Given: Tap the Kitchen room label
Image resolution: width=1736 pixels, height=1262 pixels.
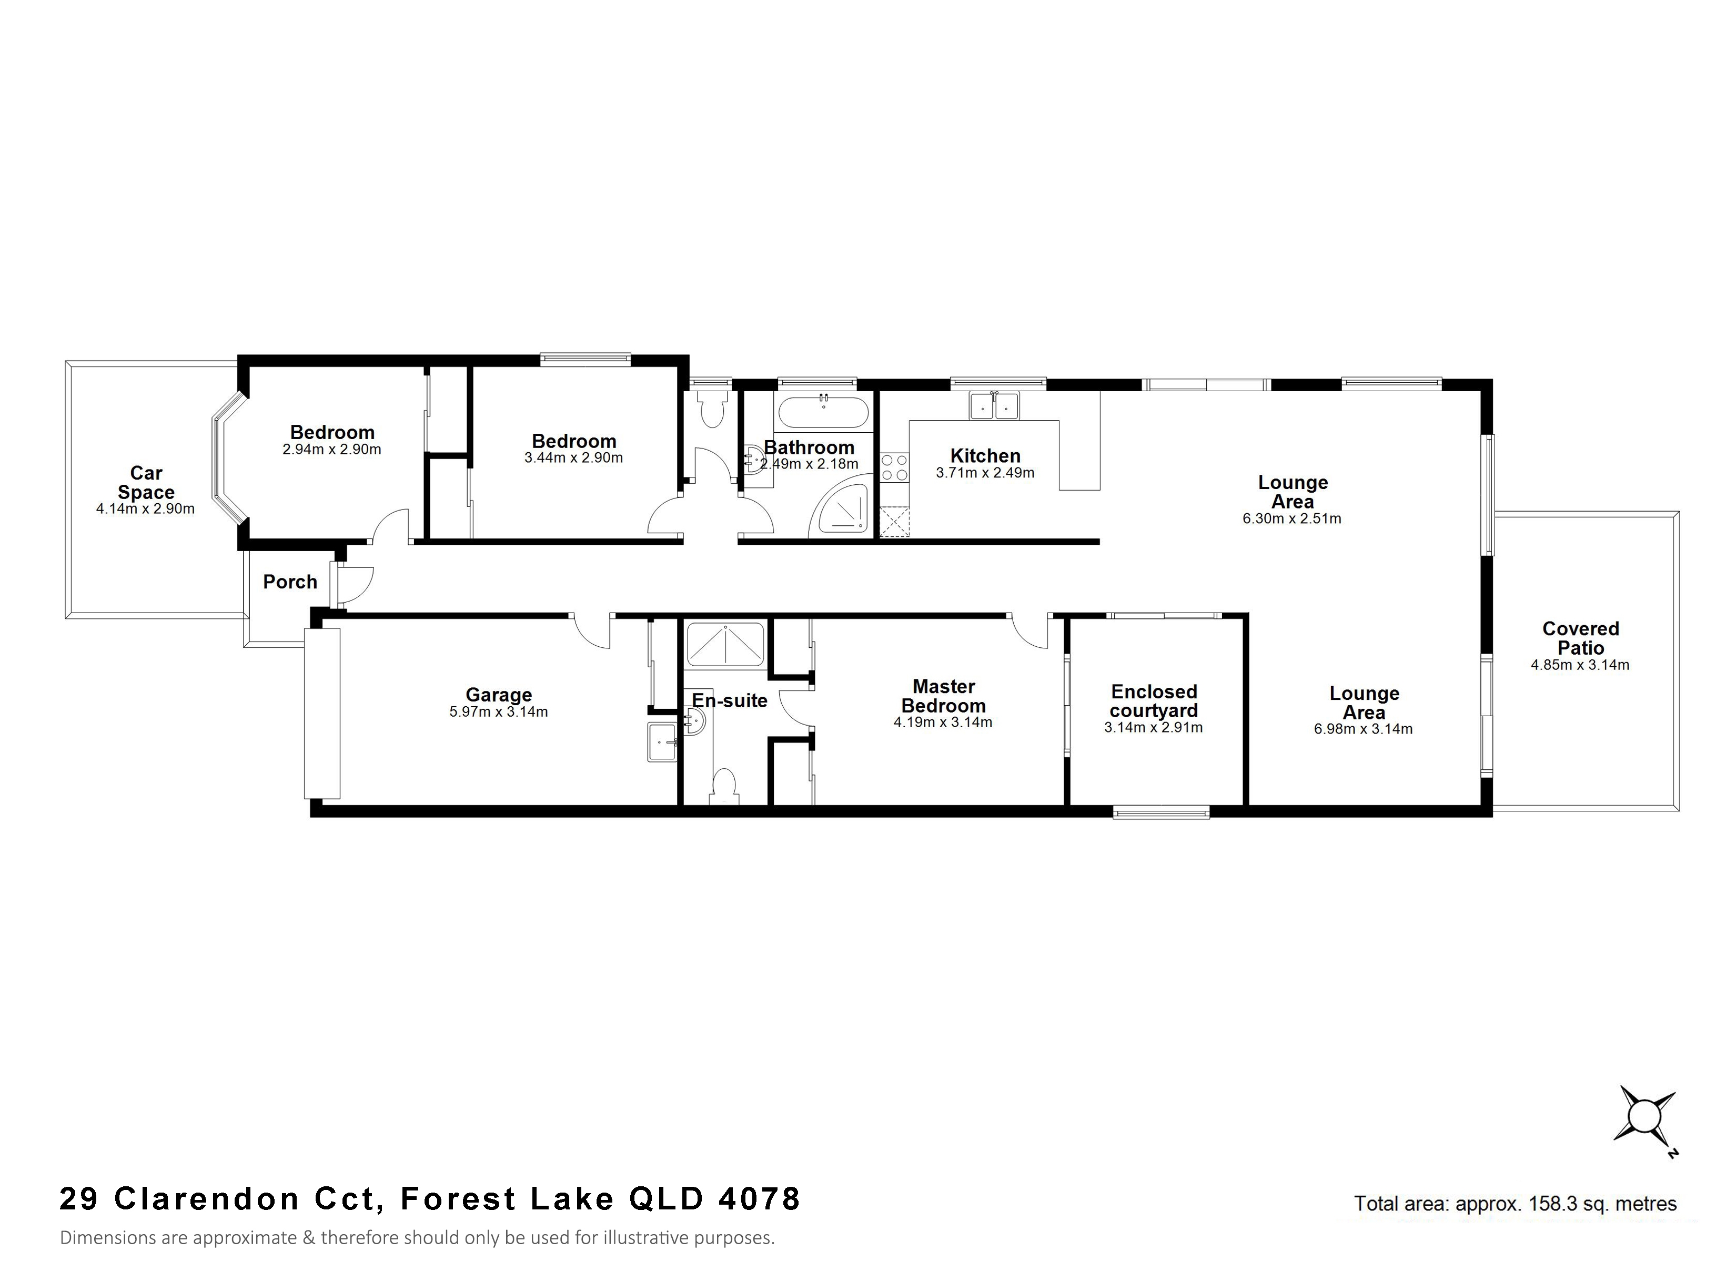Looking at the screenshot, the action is pos(985,456).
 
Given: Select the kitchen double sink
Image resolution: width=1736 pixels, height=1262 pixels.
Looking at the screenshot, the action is pos(994,406).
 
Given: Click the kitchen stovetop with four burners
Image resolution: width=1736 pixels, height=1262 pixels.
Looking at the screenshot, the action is pos(894,467).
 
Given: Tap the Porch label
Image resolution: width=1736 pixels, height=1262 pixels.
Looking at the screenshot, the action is pos(290,583).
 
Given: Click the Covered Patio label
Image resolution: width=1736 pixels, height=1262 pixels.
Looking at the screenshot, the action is pos(1581,638).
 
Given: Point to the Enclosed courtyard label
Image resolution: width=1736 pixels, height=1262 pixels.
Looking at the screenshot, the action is pos(1154,701).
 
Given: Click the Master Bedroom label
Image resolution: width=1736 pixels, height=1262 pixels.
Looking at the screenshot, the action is pos(944,696).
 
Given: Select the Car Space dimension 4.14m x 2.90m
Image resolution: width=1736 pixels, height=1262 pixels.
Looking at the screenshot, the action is pos(145,509).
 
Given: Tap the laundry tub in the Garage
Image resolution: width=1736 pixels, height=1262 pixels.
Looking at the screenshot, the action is pos(663,742).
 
